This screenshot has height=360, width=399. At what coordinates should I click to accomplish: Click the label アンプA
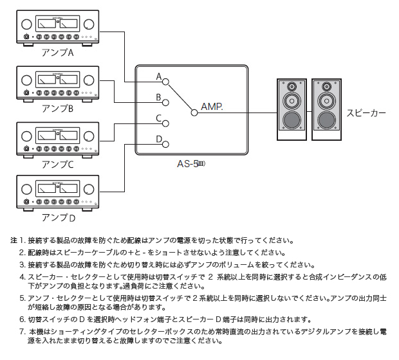click(x=57, y=52)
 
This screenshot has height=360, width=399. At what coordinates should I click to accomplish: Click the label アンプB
click(x=57, y=108)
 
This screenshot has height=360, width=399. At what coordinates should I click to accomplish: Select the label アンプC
click(x=57, y=164)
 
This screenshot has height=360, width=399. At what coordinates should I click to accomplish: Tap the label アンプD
click(x=57, y=218)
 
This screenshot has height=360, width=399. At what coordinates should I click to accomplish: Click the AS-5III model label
click(x=190, y=163)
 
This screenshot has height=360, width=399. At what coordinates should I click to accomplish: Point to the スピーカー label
click(x=366, y=112)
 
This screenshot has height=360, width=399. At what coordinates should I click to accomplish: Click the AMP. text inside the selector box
click(x=212, y=106)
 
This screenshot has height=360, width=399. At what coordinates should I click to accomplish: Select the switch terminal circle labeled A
click(x=165, y=82)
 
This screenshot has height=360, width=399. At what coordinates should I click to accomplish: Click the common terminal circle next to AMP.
click(x=194, y=112)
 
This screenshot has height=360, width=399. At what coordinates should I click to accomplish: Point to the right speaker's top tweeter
click(x=326, y=86)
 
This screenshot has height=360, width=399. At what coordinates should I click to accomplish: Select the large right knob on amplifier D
click(x=87, y=190)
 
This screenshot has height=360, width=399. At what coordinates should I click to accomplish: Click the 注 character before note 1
click(x=13, y=240)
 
